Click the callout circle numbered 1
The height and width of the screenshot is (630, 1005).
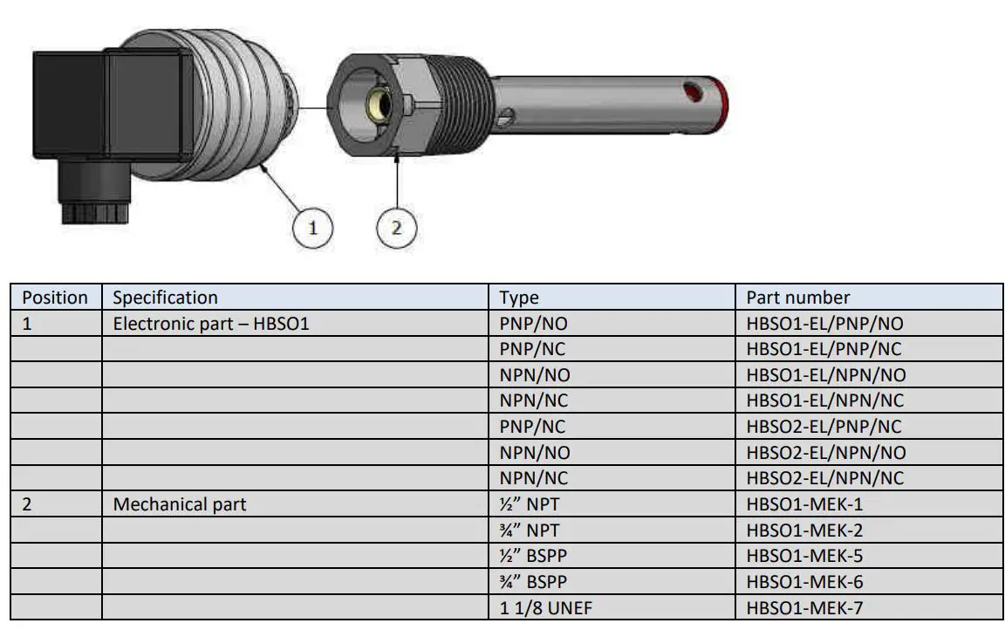(312, 228)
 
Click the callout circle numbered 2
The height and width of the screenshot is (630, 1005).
(397, 228)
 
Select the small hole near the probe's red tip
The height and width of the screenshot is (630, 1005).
(693, 90)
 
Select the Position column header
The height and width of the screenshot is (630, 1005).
(55, 298)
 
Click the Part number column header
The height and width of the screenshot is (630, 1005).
(797, 298)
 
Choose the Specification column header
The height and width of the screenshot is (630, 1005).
(165, 298)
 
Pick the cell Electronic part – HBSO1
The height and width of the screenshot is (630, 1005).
(211, 324)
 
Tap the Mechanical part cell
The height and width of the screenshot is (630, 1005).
(180, 504)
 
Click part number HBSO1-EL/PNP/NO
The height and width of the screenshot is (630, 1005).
(824, 324)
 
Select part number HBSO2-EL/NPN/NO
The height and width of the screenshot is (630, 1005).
(825, 453)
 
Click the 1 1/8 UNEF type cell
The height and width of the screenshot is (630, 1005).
(546, 608)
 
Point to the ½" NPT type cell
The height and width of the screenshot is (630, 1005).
(529, 504)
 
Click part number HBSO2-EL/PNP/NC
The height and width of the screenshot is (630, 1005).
(824, 427)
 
